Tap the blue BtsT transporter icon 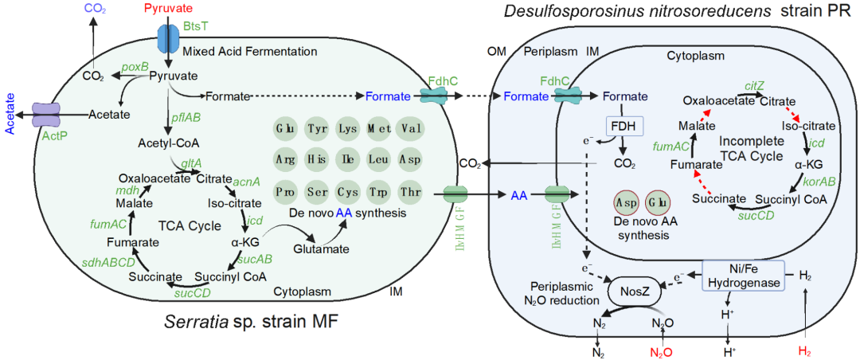(x=168, y=37)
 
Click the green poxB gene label (x=135, y=66)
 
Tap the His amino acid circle (x=316, y=159)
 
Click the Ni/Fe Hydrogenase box (x=742, y=276)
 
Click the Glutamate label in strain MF (x=321, y=249)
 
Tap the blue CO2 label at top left (x=93, y=8)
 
